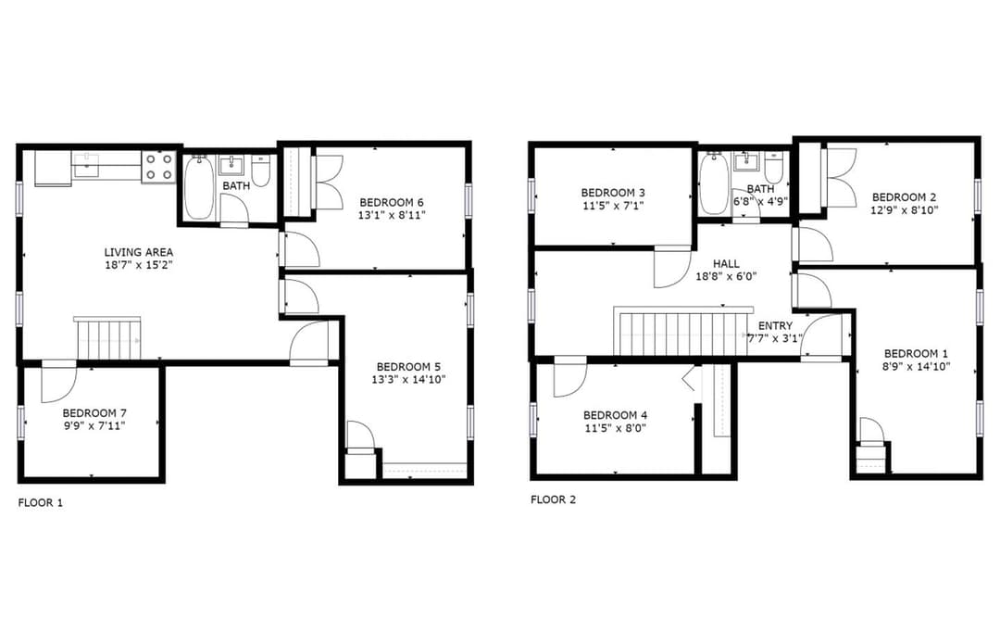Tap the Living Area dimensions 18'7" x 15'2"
pyautogui.click(x=138, y=265)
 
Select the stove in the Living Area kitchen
pyautogui.click(x=159, y=167)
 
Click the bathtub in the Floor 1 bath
pyautogui.click(x=199, y=187)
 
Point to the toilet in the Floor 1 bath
pyautogui.click(x=261, y=170)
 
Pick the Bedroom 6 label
pyautogui.click(x=391, y=202)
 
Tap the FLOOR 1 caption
pyautogui.click(x=40, y=503)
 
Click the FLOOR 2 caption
pyautogui.click(x=553, y=499)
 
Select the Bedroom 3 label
pyautogui.click(x=613, y=193)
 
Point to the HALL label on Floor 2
pyautogui.click(x=727, y=263)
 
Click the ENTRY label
pyautogui.click(x=775, y=326)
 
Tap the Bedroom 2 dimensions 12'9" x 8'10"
pyautogui.click(x=905, y=210)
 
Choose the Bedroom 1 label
pyautogui.click(x=916, y=354)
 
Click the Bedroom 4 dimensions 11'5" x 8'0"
pyautogui.click(x=616, y=428)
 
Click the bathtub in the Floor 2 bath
pyautogui.click(x=714, y=183)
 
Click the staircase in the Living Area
pyautogui.click(x=107, y=338)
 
